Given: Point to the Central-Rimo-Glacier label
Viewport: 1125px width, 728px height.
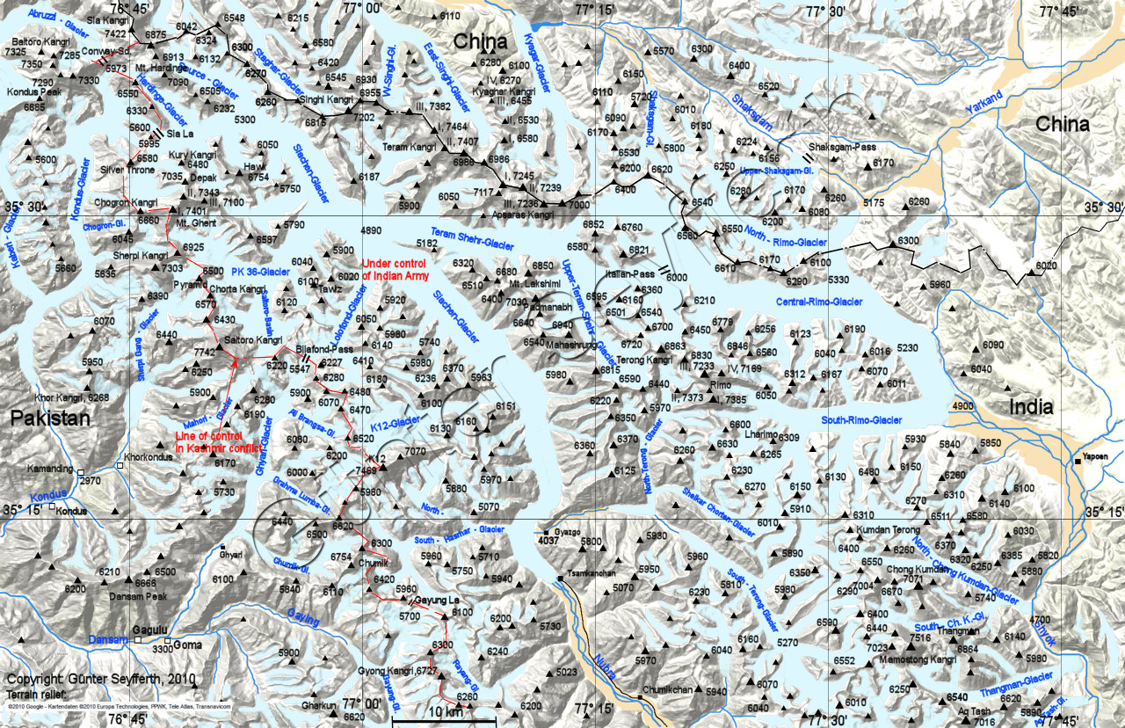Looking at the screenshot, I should tap(818, 302).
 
